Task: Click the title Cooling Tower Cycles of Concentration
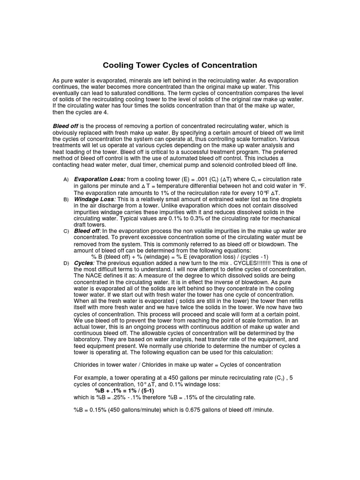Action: point(180,65)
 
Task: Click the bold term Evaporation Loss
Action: point(99,180)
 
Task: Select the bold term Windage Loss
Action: point(93,199)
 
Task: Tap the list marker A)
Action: point(66,180)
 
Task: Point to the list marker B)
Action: point(66,200)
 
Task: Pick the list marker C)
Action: point(66,232)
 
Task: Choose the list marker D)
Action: point(66,264)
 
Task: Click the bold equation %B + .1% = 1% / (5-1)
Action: point(125,390)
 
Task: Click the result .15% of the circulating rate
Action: point(220,397)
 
